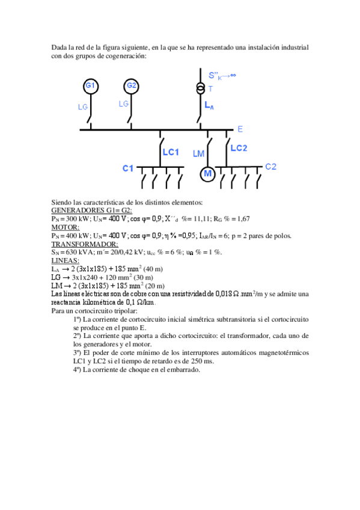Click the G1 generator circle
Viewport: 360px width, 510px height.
click(x=90, y=86)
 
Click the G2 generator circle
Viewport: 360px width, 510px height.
click(x=132, y=86)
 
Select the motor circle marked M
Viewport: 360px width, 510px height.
click(x=207, y=174)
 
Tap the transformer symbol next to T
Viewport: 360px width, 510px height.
click(x=200, y=88)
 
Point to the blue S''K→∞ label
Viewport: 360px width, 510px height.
click(x=222, y=76)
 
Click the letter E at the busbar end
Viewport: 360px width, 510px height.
click(x=240, y=129)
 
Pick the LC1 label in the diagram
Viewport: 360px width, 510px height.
click(x=171, y=152)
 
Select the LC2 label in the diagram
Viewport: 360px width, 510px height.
click(x=239, y=148)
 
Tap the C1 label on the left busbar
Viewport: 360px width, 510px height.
click(x=128, y=168)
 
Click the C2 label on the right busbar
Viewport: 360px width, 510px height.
click(x=270, y=167)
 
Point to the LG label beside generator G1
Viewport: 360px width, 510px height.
click(x=84, y=107)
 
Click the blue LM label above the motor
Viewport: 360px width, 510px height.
click(x=199, y=154)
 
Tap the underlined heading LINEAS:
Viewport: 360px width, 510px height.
click(x=64, y=261)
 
